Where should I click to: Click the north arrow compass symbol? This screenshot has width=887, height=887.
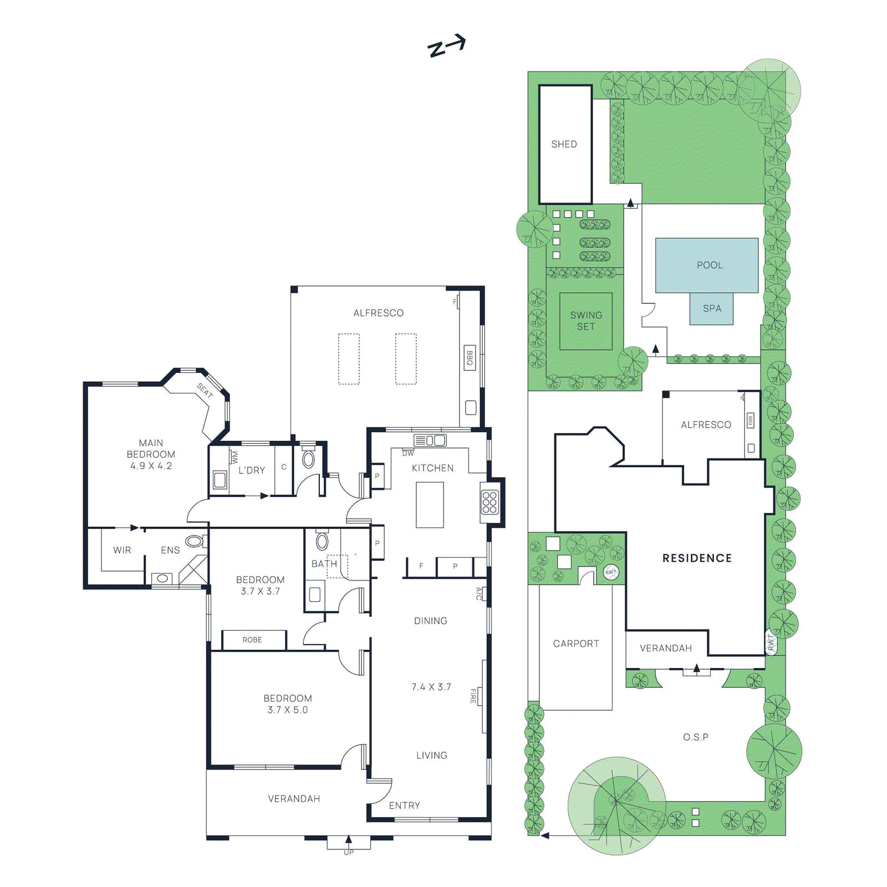pyautogui.click(x=446, y=46)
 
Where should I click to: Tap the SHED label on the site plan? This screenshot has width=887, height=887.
pyautogui.click(x=564, y=144)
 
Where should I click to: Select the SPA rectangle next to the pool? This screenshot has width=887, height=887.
pyautogui.click(x=712, y=309)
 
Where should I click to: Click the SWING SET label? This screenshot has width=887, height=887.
pyautogui.click(x=586, y=321)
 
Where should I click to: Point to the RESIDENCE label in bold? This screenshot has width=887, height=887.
pyautogui.click(x=697, y=558)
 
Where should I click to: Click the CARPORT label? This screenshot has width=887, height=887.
pyautogui.click(x=576, y=644)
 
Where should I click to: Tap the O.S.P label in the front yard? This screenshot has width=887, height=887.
pyautogui.click(x=695, y=737)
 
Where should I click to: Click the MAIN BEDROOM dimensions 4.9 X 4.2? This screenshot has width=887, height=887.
pyautogui.click(x=151, y=466)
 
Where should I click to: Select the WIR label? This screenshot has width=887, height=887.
pyautogui.click(x=122, y=550)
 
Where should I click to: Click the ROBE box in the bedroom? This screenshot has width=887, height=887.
pyautogui.click(x=252, y=640)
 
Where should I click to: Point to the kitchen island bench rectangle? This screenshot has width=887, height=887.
pyautogui.click(x=430, y=504)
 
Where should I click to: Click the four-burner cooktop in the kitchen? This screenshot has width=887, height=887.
pyautogui.click(x=490, y=502)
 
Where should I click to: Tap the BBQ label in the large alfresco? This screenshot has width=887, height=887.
pyautogui.click(x=470, y=358)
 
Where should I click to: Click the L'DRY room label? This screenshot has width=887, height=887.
pyautogui.click(x=252, y=471)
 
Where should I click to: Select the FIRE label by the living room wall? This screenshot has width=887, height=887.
pyautogui.click(x=473, y=696)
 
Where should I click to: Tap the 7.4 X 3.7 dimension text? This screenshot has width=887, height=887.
pyautogui.click(x=431, y=687)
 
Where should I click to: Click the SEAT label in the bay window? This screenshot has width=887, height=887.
pyautogui.click(x=205, y=391)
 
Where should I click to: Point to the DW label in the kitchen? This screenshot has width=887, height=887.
pyautogui.click(x=408, y=453)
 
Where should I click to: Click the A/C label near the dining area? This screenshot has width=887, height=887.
pyautogui.click(x=478, y=594)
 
